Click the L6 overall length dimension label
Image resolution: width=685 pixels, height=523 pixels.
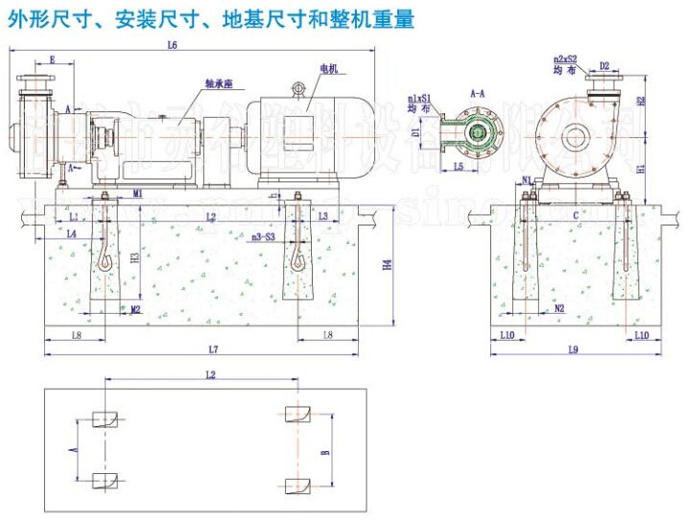[x=172, y=45]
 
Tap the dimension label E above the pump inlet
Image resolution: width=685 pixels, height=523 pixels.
[x=52, y=60]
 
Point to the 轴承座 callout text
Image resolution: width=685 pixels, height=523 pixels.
[x=218, y=83]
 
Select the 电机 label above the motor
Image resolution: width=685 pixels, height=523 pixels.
[x=329, y=68]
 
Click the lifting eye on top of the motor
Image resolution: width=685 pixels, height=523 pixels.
[x=298, y=88]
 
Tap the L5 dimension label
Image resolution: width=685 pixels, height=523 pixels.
[x=459, y=167]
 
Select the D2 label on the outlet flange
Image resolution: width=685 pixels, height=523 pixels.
[x=604, y=66]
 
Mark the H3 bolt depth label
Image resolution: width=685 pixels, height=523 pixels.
[x=135, y=256]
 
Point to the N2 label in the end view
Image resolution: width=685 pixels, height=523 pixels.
[x=559, y=308]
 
